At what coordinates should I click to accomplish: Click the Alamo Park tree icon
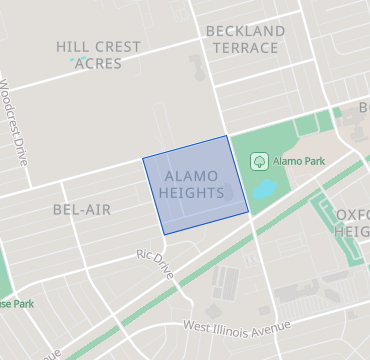pyautogui.click(x=258, y=160)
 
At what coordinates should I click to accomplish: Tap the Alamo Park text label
pyautogui.click(x=299, y=160)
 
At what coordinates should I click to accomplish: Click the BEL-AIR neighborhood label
pyautogui.click(x=82, y=210)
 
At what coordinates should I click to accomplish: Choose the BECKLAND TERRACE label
pyautogui.click(x=246, y=39)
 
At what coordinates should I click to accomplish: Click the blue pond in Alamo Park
pyautogui.click(x=264, y=188)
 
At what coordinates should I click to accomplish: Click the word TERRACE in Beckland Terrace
pyautogui.click(x=246, y=48)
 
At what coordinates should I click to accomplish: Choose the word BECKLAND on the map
pyautogui.click(x=246, y=31)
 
